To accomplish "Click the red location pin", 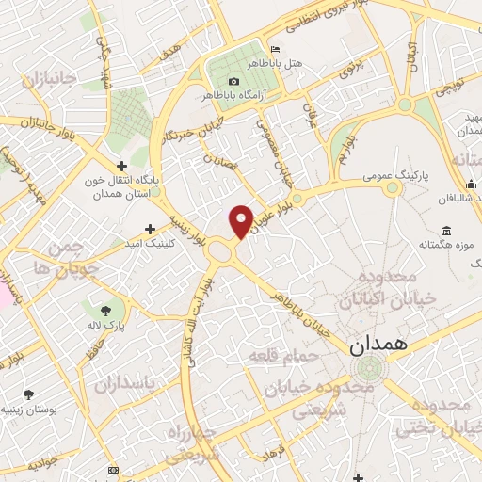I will coord(242,220).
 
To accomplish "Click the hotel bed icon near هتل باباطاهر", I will coord(274,50).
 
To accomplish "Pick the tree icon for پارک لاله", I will coord(104,309).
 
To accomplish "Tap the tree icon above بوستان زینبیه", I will coord(30,394).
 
